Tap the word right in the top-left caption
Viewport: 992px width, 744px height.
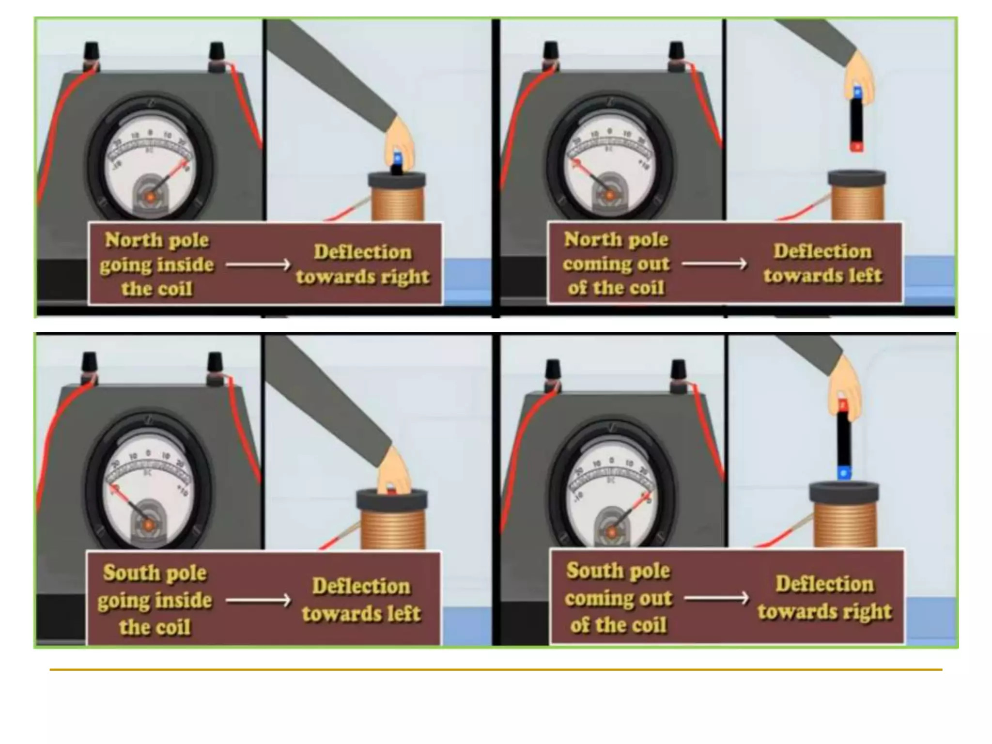pyautogui.click(x=404, y=277)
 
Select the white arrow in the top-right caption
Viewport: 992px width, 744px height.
pyautogui.click(x=714, y=264)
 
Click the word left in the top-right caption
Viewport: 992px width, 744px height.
pyautogui.click(x=863, y=276)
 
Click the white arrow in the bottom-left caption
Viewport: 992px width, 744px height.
pyautogui.click(x=258, y=601)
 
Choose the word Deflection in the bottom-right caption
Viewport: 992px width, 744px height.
pyautogui.click(x=824, y=584)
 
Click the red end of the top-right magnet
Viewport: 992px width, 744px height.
pyautogui.click(x=856, y=146)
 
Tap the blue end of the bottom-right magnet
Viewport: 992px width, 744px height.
pyautogui.click(x=844, y=472)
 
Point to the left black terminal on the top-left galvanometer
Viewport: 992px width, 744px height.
pyautogui.click(x=91, y=51)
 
